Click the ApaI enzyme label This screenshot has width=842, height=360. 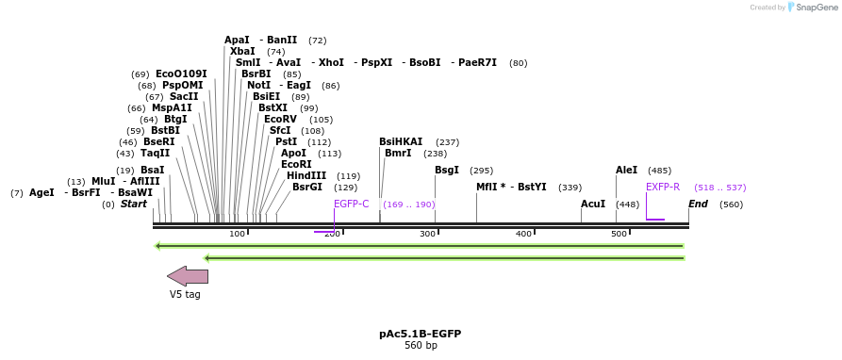click(x=237, y=41)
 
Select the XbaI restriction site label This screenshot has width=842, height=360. click(x=242, y=52)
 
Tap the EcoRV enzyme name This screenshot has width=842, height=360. click(x=280, y=120)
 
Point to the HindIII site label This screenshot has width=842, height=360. click(x=306, y=176)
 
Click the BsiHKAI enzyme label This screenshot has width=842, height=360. click(x=401, y=142)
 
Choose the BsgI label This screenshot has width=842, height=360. click(x=447, y=171)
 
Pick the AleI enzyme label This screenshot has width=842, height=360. click(x=626, y=171)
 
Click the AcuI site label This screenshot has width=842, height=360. click(x=593, y=205)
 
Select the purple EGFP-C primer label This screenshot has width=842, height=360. click(x=352, y=205)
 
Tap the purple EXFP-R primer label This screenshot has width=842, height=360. click(x=663, y=188)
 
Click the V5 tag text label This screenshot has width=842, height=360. click(x=185, y=295)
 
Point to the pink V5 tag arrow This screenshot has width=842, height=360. click(x=188, y=276)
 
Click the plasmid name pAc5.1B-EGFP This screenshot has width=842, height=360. click(x=421, y=335)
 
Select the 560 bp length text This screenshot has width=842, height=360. click(x=421, y=346)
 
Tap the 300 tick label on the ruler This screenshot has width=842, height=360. click(x=427, y=234)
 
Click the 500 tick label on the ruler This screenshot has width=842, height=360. click(x=619, y=234)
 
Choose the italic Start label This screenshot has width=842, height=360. click(x=134, y=205)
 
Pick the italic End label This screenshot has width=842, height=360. click(x=698, y=205)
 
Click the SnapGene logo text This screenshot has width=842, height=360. click(x=817, y=8)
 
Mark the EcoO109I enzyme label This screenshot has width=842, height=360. click(x=181, y=74)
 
